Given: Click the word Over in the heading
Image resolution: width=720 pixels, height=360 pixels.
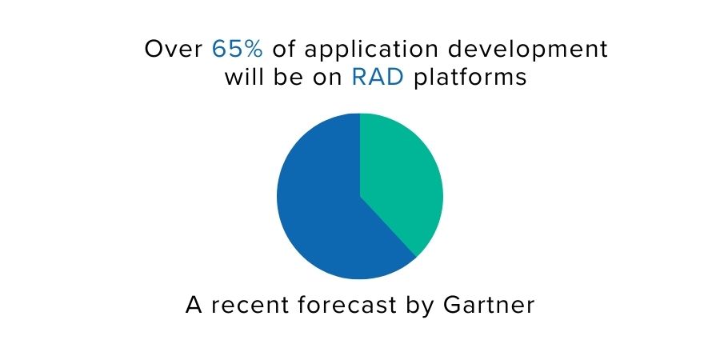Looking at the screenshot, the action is pos(174,49).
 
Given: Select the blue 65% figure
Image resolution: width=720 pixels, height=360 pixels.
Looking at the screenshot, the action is pos(238,49).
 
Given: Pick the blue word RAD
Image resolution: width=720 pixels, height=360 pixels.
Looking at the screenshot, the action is pos(378,77).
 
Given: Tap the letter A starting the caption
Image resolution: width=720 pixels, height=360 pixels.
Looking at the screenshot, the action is pos(194,305).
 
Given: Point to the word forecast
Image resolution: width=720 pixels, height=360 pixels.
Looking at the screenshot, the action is pos(346,305).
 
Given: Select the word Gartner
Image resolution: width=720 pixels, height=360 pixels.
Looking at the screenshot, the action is pos(489,306).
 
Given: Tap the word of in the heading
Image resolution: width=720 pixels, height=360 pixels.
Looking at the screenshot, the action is pos(284,49).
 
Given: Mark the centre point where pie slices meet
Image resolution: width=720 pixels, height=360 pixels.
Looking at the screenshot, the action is pos(360,196).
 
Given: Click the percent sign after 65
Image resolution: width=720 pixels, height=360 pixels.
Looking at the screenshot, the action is pos(253,49).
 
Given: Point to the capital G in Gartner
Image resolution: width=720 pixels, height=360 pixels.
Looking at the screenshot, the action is pos(452,306).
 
